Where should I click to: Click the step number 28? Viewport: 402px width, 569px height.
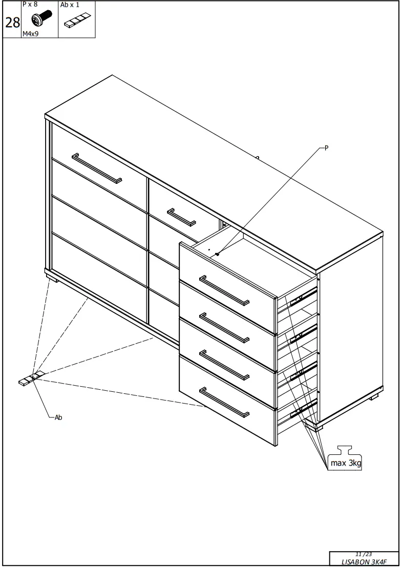tap(12, 23)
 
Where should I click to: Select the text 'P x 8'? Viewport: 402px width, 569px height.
tap(30, 4)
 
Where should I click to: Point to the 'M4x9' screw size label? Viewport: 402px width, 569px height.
tap(30, 34)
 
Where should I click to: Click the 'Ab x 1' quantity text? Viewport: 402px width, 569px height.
tap(70, 5)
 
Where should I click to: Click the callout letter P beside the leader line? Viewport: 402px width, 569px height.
tap(326, 148)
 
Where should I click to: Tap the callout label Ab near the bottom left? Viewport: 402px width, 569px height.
tap(58, 417)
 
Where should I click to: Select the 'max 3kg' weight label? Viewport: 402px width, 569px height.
tap(345, 463)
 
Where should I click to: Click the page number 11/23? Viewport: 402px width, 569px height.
tap(363, 554)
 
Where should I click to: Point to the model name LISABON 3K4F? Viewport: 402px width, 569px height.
tap(364, 561)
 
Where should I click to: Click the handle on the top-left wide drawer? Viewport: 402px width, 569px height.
tap(97, 167)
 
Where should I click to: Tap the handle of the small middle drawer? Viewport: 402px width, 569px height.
tap(181, 217)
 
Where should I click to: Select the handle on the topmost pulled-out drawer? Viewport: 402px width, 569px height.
tap(224, 290)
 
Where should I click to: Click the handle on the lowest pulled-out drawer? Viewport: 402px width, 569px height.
tap(224, 402)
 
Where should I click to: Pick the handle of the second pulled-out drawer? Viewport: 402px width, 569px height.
tap(224, 328)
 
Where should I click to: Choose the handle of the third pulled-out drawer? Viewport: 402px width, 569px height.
tap(224, 365)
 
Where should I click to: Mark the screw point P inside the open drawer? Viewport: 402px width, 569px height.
tap(218, 254)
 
